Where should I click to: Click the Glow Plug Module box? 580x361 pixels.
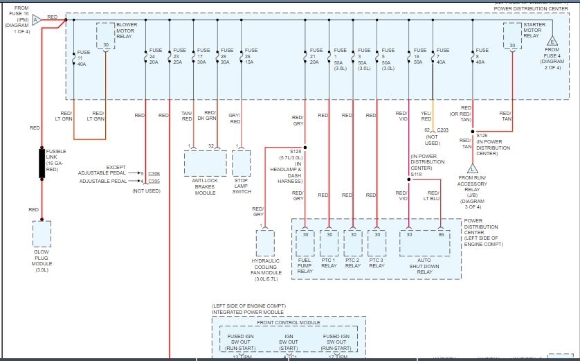[42, 234]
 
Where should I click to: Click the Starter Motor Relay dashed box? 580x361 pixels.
[512, 35]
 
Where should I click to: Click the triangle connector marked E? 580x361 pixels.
[553, 41]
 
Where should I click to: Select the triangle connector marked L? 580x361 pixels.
[473, 168]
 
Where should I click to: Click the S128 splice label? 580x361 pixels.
[296, 151]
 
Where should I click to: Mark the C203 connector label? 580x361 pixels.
[442, 130]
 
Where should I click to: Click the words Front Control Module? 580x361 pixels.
[289, 323]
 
